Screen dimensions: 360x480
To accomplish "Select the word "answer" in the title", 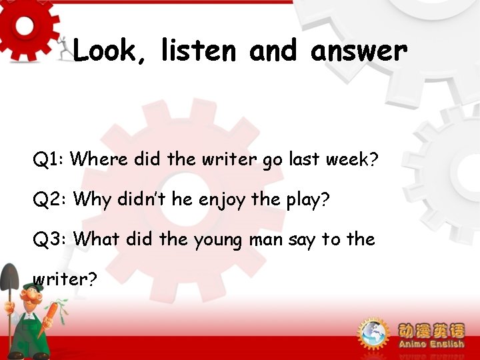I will click(359, 51).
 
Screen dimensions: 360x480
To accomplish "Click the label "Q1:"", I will click(48, 160).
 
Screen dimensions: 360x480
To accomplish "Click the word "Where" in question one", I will click(99, 160).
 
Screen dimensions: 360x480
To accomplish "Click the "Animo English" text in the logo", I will click(431, 344).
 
